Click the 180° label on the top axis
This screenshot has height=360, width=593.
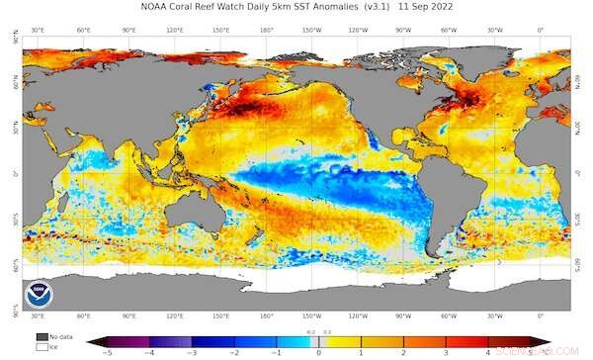tap(266, 31)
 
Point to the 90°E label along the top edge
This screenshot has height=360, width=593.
tap(129, 31)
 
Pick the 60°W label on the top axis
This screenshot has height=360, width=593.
tap(449, 31)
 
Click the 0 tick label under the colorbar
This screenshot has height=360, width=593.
tap(318, 353)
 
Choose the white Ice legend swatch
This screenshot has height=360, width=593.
tap(43, 347)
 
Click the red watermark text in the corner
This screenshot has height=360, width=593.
tap(550, 350)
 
